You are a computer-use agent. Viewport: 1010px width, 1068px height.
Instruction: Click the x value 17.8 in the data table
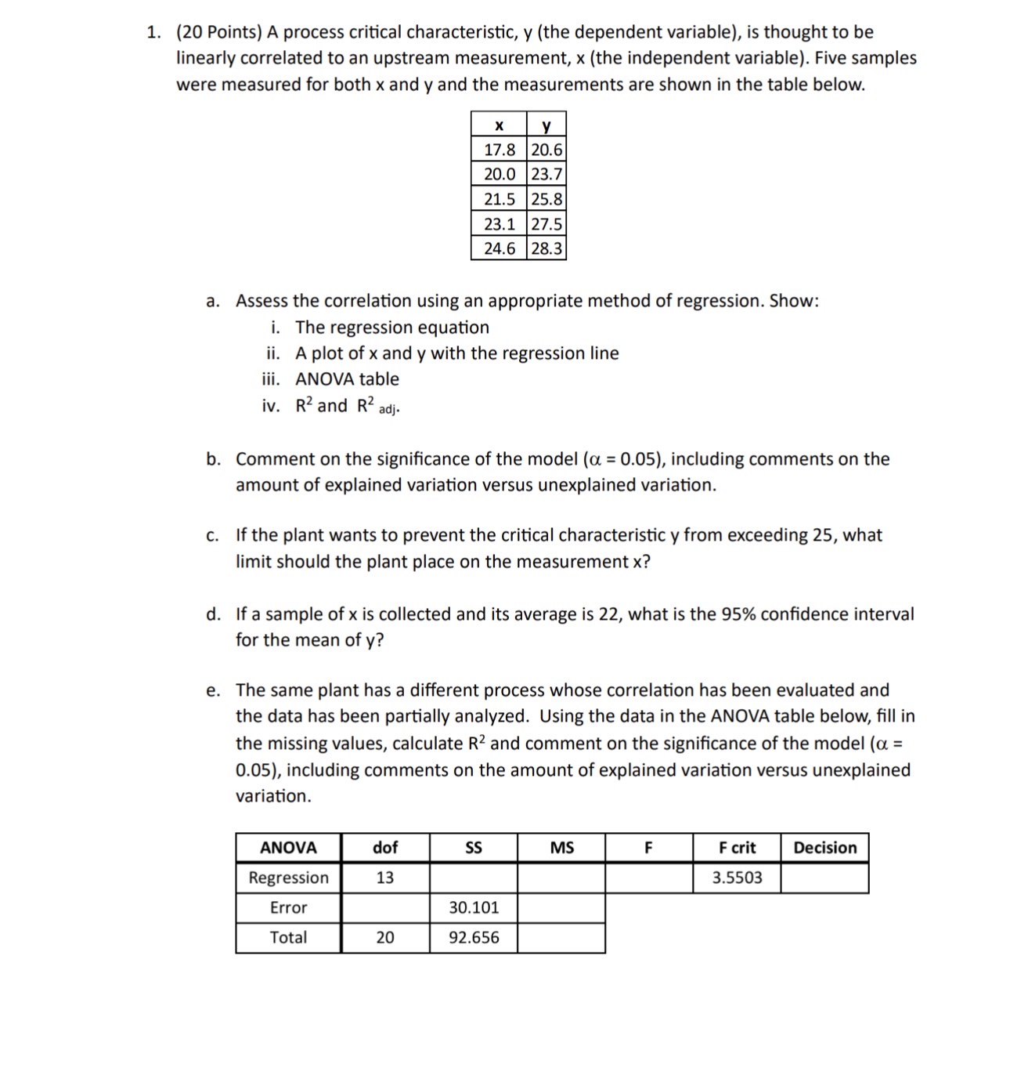pyautogui.click(x=500, y=150)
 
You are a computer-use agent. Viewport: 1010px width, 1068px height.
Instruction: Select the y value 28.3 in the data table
pyautogui.click(x=546, y=248)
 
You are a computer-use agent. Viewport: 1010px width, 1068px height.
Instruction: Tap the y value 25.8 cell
pyautogui.click(x=546, y=199)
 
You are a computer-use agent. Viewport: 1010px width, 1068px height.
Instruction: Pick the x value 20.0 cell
pyautogui.click(x=500, y=174)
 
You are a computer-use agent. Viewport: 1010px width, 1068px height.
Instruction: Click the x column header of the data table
pyautogui.click(x=500, y=125)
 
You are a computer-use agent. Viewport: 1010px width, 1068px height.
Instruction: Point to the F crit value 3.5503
pyautogui.click(x=737, y=878)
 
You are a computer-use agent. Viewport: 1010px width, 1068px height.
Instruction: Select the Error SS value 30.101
pyautogui.click(x=474, y=907)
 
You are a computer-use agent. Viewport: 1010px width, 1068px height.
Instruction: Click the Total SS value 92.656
pyautogui.click(x=474, y=937)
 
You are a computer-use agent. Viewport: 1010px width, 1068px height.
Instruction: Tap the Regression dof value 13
pyautogui.click(x=385, y=878)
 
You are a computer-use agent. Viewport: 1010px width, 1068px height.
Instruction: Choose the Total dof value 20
pyautogui.click(x=385, y=937)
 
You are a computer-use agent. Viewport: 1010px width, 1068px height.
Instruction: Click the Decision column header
pyautogui.click(x=824, y=848)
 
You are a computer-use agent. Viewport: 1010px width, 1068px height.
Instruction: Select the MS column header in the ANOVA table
pyautogui.click(x=561, y=848)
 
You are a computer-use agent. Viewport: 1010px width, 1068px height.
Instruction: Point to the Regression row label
pyautogui.click(x=288, y=878)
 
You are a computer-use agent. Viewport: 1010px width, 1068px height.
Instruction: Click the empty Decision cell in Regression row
pyautogui.click(x=824, y=878)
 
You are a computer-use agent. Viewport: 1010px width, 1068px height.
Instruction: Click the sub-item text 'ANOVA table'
pyautogui.click(x=347, y=379)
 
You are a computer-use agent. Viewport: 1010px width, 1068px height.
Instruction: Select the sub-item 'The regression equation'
pyautogui.click(x=391, y=328)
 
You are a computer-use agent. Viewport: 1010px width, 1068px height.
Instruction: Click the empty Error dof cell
pyautogui.click(x=385, y=907)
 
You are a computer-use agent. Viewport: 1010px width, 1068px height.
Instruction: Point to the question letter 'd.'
pyautogui.click(x=213, y=614)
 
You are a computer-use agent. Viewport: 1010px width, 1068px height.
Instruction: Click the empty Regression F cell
pyautogui.click(x=649, y=878)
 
